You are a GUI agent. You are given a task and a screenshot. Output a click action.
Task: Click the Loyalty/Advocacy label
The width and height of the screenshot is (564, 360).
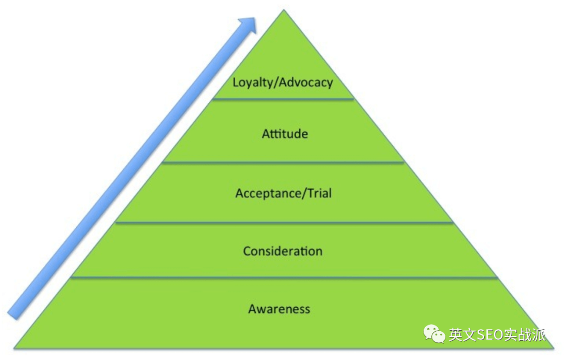click(x=283, y=83)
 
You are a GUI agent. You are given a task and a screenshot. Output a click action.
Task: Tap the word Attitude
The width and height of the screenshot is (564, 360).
click(x=285, y=134)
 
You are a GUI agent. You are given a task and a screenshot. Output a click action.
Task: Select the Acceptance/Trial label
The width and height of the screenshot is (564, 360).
click(x=284, y=194)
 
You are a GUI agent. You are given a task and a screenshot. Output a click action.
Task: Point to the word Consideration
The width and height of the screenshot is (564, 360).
click(x=283, y=251)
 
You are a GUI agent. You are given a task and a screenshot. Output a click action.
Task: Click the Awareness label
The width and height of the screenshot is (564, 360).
click(x=279, y=309)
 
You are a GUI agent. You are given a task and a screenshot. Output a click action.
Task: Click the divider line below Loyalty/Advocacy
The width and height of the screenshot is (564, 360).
click(x=283, y=99)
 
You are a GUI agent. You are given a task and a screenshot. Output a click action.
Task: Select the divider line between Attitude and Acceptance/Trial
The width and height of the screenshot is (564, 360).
click(x=284, y=162)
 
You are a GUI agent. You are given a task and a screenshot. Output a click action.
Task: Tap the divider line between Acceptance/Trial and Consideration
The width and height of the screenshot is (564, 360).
click(x=284, y=222)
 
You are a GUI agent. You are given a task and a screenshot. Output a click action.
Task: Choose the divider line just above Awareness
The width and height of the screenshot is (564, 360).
click(x=284, y=277)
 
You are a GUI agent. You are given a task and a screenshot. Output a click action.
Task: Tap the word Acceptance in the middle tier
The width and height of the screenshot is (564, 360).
click(x=266, y=194)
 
